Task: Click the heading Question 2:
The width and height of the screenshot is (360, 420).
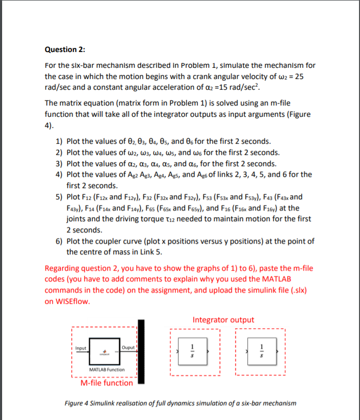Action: point(65,49)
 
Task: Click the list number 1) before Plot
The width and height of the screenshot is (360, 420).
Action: point(59,141)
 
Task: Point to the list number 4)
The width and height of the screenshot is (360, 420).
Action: point(59,175)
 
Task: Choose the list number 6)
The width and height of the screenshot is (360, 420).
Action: point(59,241)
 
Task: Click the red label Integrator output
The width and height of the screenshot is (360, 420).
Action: point(223,320)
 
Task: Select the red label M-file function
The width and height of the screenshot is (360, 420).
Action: point(107,383)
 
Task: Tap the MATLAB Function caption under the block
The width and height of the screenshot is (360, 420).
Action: point(107,369)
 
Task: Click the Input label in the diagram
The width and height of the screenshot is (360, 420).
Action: point(81,348)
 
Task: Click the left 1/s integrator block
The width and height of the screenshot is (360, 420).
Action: point(192,351)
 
